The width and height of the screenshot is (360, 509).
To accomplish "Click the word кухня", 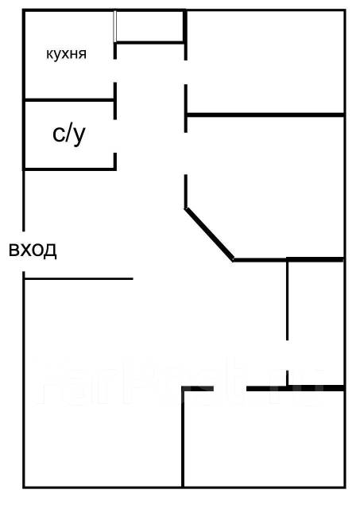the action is click(67, 54).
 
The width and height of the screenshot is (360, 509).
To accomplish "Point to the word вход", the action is click(33, 250).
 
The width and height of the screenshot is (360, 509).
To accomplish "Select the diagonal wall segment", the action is click(209, 234).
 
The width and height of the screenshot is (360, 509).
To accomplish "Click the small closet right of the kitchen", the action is click(150, 26).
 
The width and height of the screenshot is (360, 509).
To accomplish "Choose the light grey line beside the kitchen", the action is click(114, 26).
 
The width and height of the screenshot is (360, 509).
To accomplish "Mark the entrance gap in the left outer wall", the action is click(24, 251).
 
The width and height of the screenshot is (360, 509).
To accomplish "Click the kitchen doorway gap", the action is click(115, 71).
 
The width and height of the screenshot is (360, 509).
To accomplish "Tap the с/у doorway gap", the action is click(115, 136).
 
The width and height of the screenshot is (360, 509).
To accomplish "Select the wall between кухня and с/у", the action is click(69, 100).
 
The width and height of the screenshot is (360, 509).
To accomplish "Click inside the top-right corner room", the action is click(265, 62).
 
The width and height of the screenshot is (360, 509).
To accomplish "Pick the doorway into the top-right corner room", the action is click(185, 72).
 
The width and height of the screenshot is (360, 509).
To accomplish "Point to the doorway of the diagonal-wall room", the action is click(185, 153).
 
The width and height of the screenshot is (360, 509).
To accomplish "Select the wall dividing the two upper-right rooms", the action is click(265, 115).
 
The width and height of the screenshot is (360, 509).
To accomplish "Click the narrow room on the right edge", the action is click(315, 323).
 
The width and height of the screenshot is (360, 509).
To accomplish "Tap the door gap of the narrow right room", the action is click(288, 356).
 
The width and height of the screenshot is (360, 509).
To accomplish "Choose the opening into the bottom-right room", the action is click(230, 388).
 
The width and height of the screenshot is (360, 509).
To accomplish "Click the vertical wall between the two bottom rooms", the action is click(183, 437).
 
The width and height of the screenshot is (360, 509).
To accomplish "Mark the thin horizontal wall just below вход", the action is click(79, 278).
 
